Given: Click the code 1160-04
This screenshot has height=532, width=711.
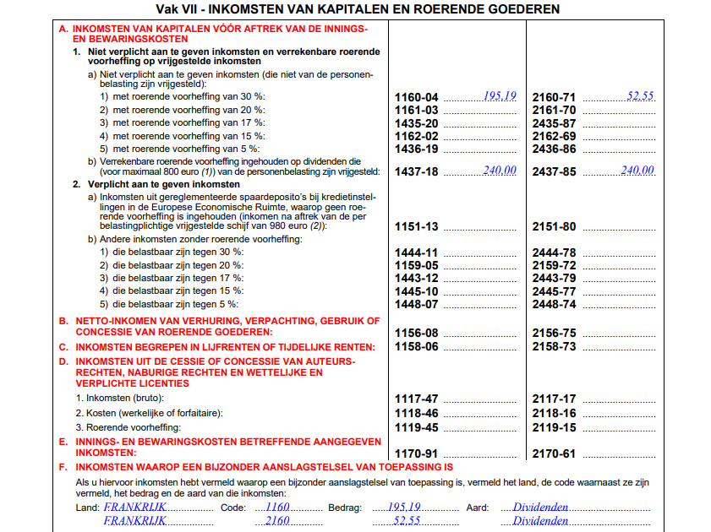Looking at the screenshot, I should pyautogui.click(x=416, y=97).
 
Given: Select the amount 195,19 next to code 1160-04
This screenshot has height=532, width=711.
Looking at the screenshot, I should pyautogui.click(x=500, y=96).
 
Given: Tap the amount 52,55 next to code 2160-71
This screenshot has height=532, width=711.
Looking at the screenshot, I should pyautogui.click(x=640, y=96).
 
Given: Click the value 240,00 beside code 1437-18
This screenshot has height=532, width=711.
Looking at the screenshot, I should pyautogui.click(x=500, y=171).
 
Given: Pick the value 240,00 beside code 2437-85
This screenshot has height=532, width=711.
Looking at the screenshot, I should pyautogui.click(x=638, y=171).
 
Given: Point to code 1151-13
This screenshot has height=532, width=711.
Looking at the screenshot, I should pyautogui.click(x=416, y=226).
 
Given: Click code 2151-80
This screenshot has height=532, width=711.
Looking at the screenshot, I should pyautogui.click(x=554, y=226).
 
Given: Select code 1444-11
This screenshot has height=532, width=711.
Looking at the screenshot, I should pyautogui.click(x=416, y=252).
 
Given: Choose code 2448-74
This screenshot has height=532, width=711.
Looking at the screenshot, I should pyautogui.click(x=554, y=304).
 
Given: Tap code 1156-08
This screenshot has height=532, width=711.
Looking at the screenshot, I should pyautogui.click(x=416, y=334).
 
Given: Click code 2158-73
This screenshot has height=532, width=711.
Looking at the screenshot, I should pyautogui.click(x=554, y=347).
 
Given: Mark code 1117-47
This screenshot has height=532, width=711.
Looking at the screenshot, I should pyautogui.click(x=416, y=399).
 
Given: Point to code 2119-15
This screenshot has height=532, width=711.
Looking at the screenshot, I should pyautogui.click(x=554, y=427).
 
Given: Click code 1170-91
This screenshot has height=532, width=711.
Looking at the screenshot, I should pyautogui.click(x=416, y=453).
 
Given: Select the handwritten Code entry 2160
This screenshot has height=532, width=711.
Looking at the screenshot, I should pyautogui.click(x=277, y=521).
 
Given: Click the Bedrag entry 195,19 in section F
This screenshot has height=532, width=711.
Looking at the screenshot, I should pyautogui.click(x=404, y=508).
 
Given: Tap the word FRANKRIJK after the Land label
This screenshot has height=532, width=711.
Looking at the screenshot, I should pyautogui.click(x=134, y=508).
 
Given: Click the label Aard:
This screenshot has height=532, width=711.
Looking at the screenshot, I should pyautogui.click(x=479, y=508).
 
